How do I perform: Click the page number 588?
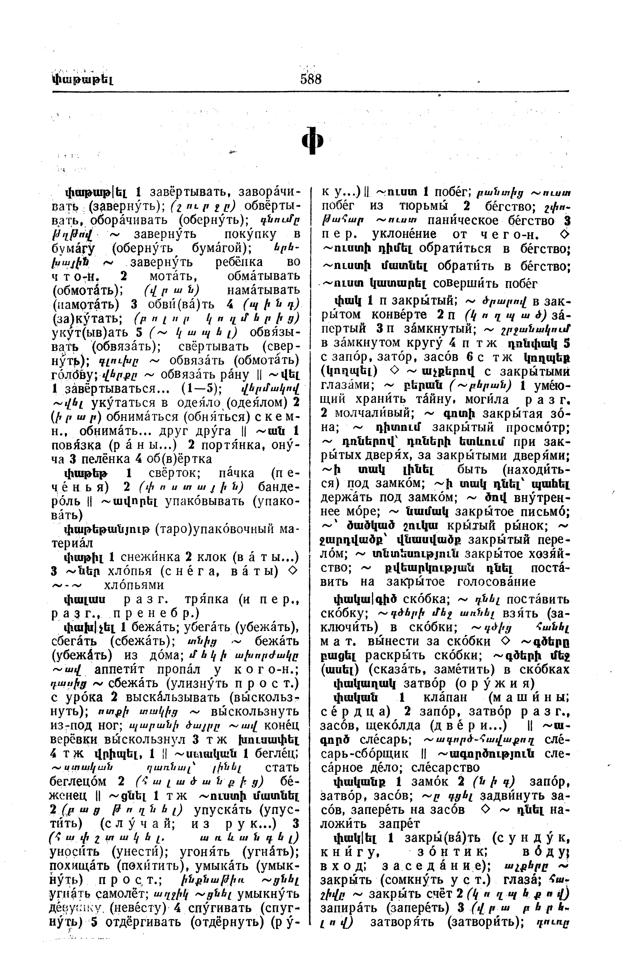[310, 79]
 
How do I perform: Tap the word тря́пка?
[207, 599]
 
